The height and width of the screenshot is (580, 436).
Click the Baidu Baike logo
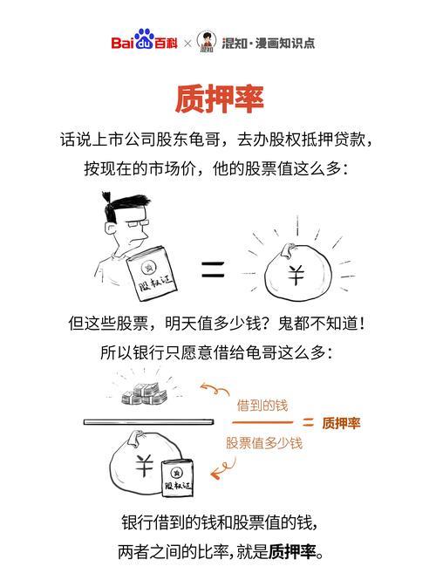[143, 42]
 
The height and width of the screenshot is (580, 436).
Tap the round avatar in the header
[207, 41]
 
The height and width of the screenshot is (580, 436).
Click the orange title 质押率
[219, 99]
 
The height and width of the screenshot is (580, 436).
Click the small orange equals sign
[308, 423]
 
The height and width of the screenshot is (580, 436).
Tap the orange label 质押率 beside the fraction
[341, 423]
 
